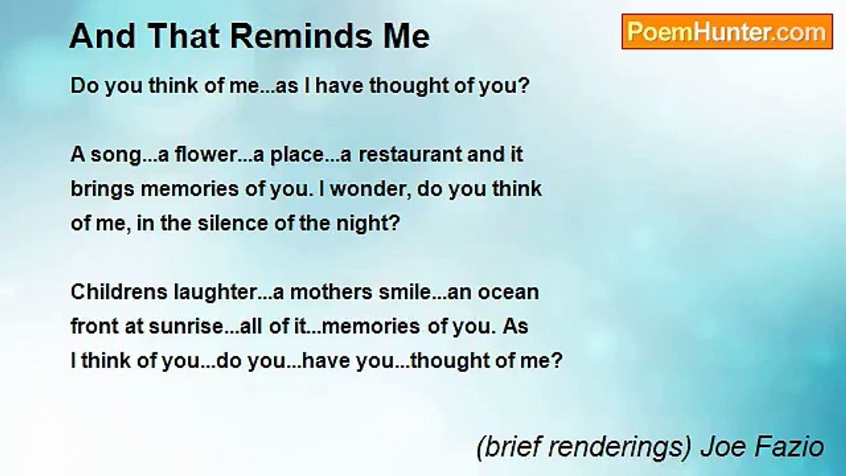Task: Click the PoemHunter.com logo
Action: [727, 32]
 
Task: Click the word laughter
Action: [215, 292]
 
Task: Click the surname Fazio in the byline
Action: [792, 448]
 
